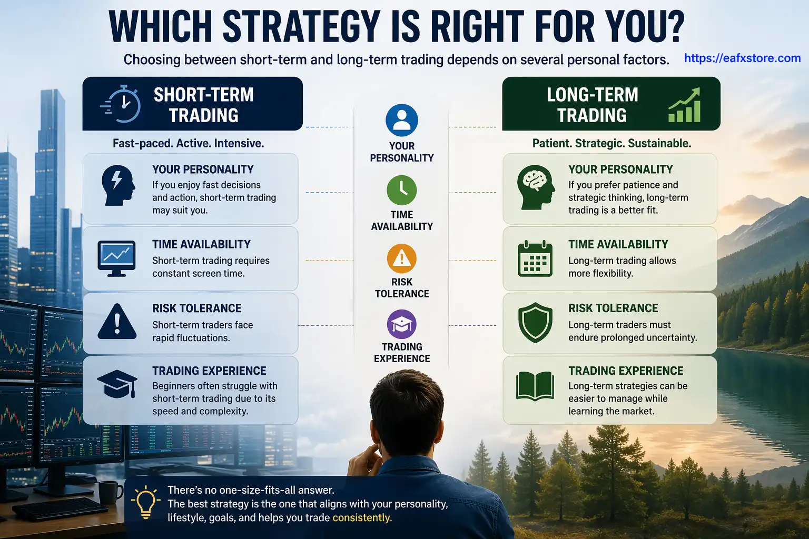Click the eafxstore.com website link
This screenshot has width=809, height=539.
tap(742, 58)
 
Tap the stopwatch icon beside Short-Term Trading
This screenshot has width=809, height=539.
tap(121, 104)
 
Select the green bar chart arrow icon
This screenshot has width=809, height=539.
tap(685, 105)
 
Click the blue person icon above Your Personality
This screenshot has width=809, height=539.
tap(401, 120)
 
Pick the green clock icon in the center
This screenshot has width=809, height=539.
tap(401, 190)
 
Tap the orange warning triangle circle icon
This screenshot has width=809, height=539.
tap(401, 258)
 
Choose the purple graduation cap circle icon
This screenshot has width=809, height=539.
tap(401, 324)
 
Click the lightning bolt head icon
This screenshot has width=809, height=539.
tap(117, 185)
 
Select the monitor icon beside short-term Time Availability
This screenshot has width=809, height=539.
tap(116, 258)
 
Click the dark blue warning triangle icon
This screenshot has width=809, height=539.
tap(117, 322)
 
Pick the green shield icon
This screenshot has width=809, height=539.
tap(535, 322)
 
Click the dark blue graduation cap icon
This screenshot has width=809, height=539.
tap(117, 384)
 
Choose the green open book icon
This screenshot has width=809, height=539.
tap(535, 386)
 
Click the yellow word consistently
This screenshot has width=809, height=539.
tap(362, 518)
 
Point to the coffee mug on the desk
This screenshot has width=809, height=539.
tap(110, 493)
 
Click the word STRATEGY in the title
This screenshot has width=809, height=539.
tap(301, 26)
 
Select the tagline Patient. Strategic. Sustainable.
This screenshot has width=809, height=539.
tap(611, 143)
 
